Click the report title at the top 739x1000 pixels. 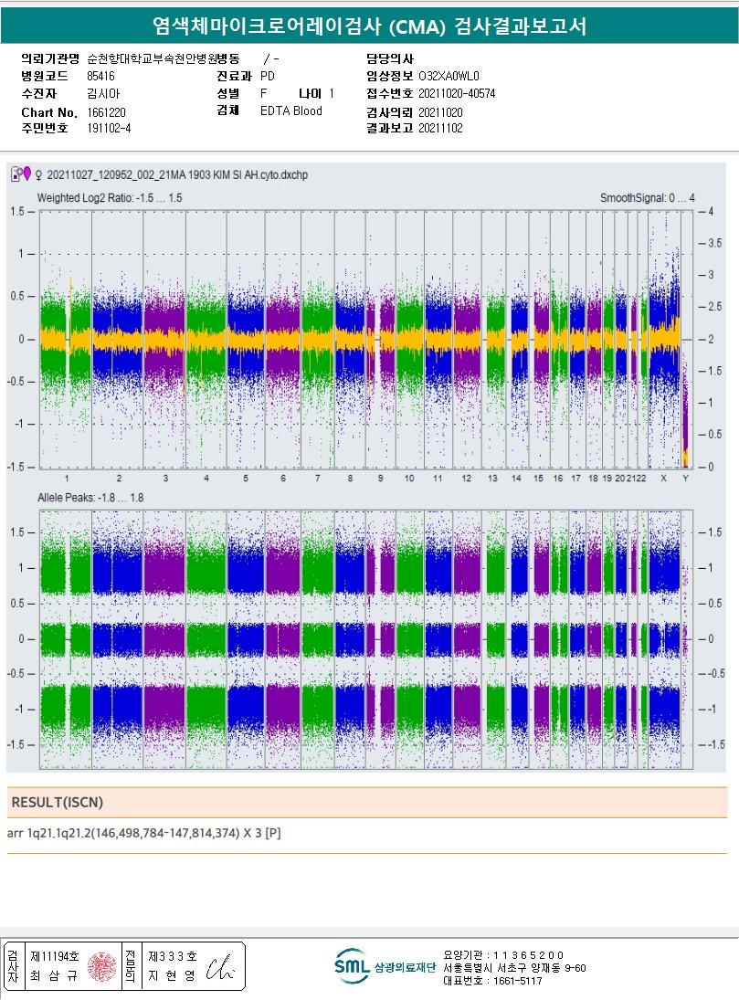tap(369, 27)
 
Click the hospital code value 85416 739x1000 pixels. tap(100, 76)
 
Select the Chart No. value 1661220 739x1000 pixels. tap(106, 111)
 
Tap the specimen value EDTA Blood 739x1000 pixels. tap(290, 111)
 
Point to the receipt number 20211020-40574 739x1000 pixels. tap(457, 93)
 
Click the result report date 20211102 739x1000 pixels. tap(440, 129)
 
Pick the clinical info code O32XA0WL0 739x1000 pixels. tap(449, 76)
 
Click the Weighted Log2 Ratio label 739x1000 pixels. tap(109, 198)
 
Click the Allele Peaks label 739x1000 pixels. tap(90, 498)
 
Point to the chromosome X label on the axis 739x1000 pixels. tap(663, 479)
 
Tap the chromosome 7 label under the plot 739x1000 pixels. tap(317, 479)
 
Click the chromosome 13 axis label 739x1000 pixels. tap(492, 479)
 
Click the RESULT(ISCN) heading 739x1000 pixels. tap(57, 802)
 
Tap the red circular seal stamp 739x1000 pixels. tap(102, 966)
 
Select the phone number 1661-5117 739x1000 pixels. tap(517, 981)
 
